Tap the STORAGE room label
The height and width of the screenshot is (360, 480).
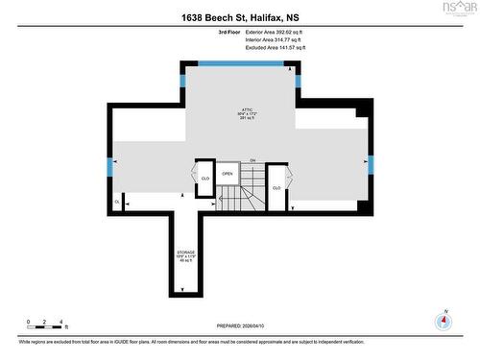pos(184,253)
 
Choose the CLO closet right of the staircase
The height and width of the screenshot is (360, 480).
pos(276,187)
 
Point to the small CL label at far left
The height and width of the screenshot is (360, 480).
pos(117,203)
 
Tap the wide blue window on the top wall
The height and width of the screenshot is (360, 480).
pos(240,63)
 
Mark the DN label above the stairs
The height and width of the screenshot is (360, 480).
pos(252,160)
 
